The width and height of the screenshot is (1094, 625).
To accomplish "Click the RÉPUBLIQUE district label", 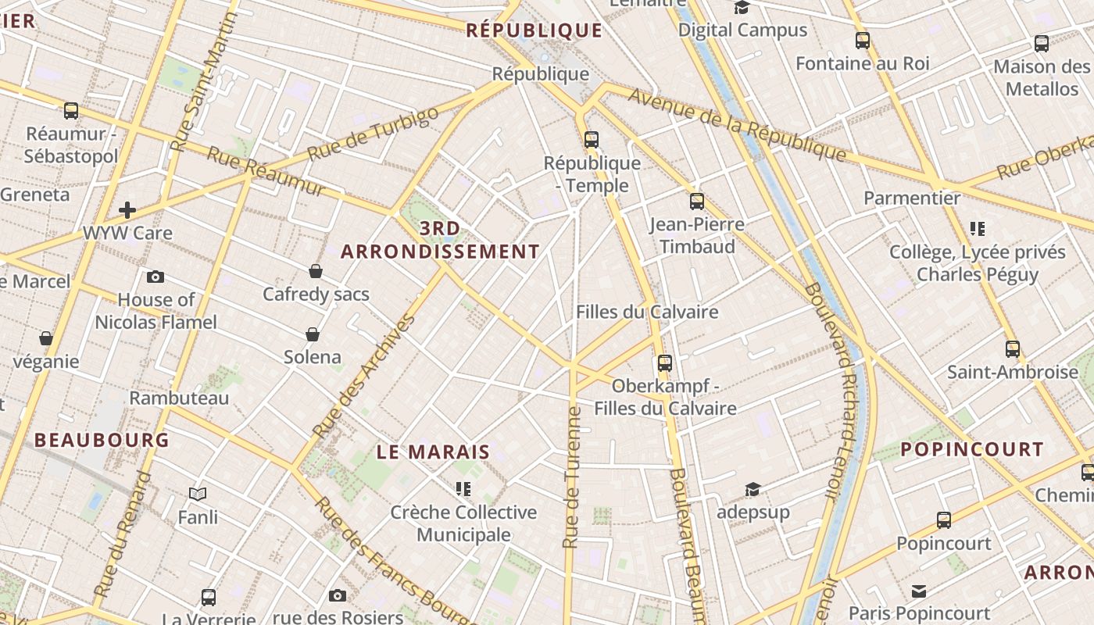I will [534, 30].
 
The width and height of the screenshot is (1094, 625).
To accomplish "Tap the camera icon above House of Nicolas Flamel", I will [156, 277].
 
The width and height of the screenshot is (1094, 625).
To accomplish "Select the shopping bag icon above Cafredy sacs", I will [316, 271].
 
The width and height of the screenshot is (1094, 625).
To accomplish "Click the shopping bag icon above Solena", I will [313, 334].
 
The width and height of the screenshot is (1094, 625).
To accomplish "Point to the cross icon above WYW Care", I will [127, 209].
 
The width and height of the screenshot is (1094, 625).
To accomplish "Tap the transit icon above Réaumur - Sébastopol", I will [71, 111].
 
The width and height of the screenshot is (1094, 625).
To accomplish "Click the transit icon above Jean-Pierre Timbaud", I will [697, 202].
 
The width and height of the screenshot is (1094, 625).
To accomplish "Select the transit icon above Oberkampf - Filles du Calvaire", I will [665, 362].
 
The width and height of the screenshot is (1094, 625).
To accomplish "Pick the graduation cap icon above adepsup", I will [753, 489].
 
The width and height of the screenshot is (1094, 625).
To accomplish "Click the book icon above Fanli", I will [198, 494].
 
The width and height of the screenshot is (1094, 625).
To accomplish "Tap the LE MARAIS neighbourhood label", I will [433, 452].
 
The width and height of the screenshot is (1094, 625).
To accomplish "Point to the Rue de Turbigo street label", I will [373, 134].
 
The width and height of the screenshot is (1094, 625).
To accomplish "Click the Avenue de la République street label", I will [737, 124].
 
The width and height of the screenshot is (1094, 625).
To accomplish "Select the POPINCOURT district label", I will [972, 449].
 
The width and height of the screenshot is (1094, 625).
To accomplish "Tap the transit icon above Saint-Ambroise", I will [1013, 348].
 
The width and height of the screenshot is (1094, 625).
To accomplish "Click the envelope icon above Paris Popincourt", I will [919, 591].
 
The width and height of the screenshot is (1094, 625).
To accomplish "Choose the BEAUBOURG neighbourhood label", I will [102, 440].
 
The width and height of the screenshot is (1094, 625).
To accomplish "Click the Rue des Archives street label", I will [364, 376].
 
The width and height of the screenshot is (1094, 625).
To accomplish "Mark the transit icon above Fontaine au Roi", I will [863, 41].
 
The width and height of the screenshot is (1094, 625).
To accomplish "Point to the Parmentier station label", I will [912, 198].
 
